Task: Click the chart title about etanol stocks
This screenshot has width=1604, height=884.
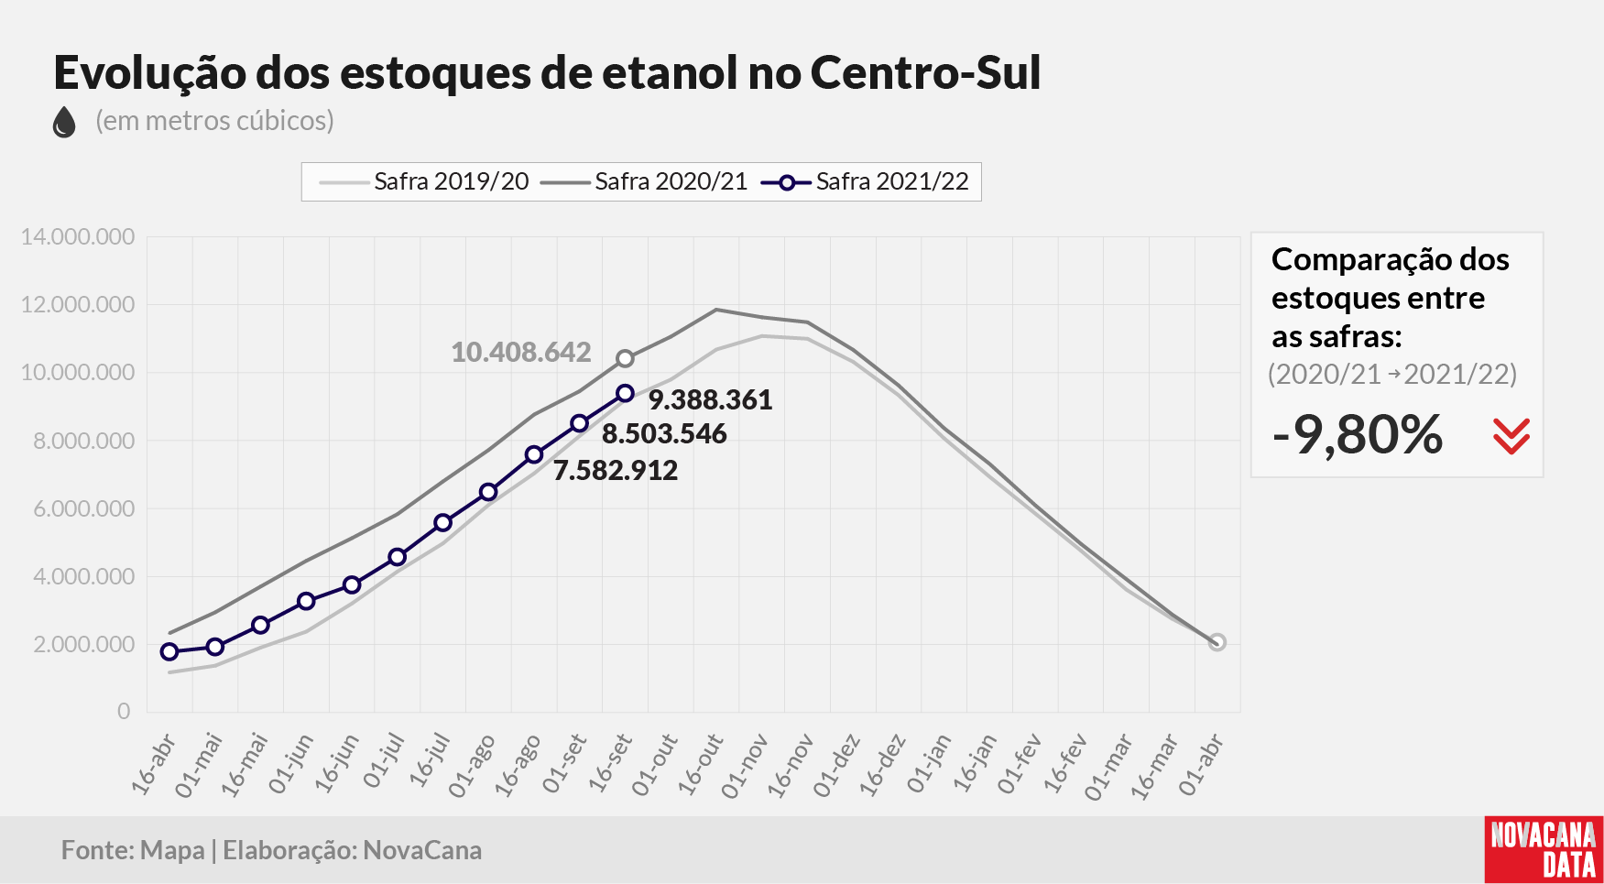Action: coord(547,73)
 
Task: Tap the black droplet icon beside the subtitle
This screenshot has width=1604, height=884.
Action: coord(64,122)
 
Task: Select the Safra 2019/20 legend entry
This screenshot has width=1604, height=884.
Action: coord(424,181)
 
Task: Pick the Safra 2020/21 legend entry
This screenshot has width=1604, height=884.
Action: coord(644,181)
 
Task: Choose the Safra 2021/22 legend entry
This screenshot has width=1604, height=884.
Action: coord(865,181)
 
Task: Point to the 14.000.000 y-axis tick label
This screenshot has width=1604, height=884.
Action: coord(78,236)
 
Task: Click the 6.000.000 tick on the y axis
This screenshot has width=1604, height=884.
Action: coord(83,508)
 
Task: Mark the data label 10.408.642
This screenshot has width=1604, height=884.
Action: coord(521,352)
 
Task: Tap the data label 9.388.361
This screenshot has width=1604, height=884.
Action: coord(711,399)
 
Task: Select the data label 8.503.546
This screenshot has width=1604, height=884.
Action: coord(664,433)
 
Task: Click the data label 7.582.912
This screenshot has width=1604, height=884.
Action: coord(616,470)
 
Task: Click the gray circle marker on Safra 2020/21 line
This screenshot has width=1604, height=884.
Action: coord(625,358)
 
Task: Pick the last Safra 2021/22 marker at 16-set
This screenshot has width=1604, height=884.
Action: coord(625,393)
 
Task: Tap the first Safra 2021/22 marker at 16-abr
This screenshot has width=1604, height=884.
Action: coord(169,651)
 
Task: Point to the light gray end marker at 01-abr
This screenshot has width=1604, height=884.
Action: coord(1217,642)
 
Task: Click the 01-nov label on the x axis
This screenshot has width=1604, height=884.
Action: coord(744,765)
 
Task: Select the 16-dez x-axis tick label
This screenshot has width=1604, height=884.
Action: coord(882,764)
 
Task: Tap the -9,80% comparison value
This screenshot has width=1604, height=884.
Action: coord(1358,434)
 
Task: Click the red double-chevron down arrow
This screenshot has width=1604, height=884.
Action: coord(1511,436)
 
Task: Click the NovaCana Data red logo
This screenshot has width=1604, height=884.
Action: coord(1544,849)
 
